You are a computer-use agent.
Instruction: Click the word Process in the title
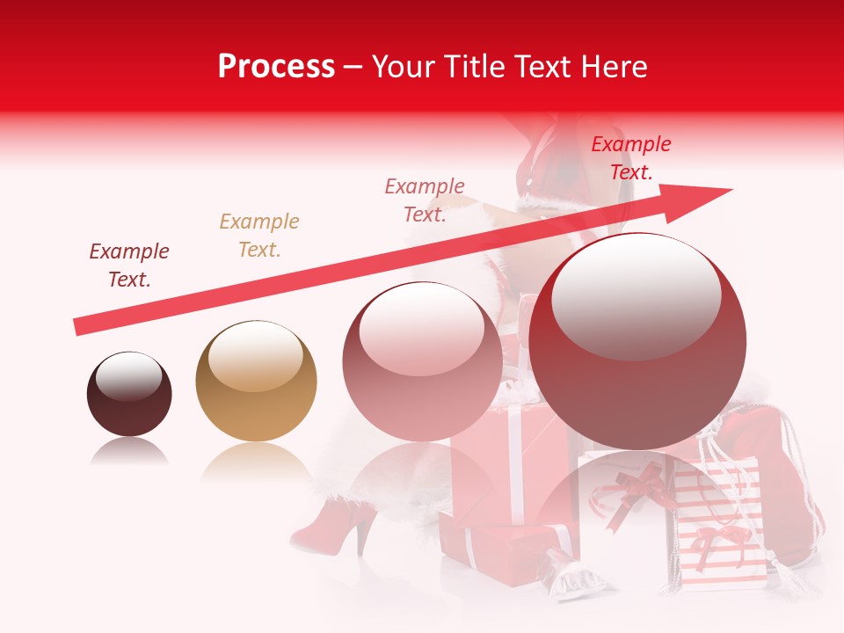276,67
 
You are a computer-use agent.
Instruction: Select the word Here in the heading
613,67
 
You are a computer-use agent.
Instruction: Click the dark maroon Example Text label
129,265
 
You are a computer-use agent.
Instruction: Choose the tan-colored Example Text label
259,235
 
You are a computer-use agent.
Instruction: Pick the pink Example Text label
425,200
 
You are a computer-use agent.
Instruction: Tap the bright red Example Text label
631,158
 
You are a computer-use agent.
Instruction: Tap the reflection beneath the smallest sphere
129,452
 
